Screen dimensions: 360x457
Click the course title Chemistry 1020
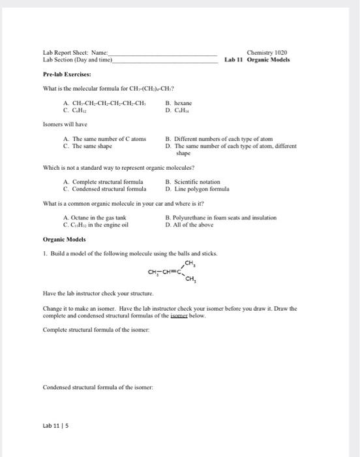[x=267, y=52]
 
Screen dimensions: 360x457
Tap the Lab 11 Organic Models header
[x=257, y=59]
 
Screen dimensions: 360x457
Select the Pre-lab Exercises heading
[x=68, y=74]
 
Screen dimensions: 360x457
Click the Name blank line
[x=163, y=54]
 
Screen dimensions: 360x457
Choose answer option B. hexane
[x=179, y=103]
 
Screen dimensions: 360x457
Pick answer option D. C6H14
[x=179, y=110]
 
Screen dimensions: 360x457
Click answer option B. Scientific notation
[x=193, y=182]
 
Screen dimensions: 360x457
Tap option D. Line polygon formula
[x=196, y=189]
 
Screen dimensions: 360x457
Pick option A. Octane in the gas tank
[x=94, y=217]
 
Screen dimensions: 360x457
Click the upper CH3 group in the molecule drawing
[x=190, y=263]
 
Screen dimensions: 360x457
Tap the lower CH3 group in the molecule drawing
[x=190, y=281]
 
